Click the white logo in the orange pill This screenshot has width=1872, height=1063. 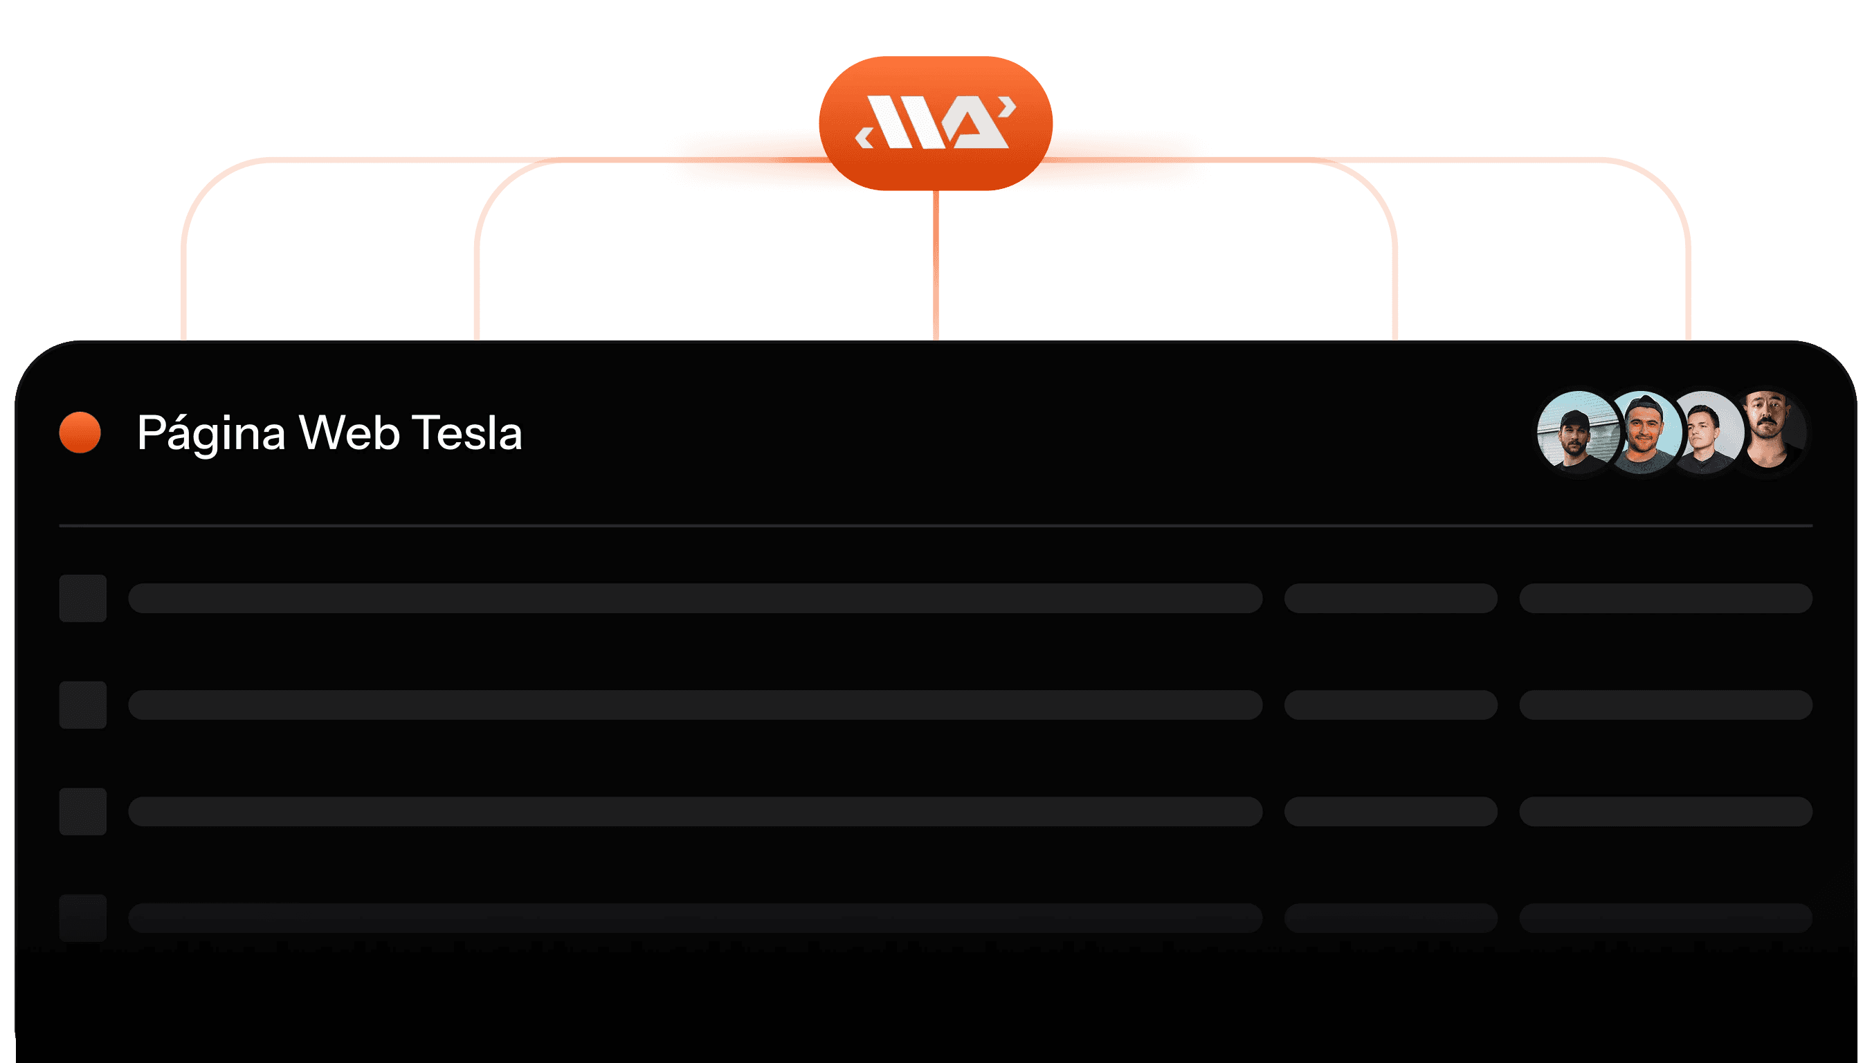[x=935, y=122]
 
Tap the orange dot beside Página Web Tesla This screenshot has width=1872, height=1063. [x=80, y=433]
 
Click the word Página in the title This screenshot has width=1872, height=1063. [x=211, y=433]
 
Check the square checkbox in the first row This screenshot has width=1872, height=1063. [x=82, y=598]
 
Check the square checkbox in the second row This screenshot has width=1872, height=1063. [x=82, y=705]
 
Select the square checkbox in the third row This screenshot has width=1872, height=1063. [x=82, y=811]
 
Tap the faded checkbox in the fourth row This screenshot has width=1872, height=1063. [x=82, y=917]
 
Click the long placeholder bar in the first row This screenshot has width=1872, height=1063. [x=695, y=598]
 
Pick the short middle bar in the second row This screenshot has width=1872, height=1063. [x=1390, y=705]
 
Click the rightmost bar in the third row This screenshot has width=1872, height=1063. [x=1665, y=811]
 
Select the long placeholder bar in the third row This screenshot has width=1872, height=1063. [x=695, y=811]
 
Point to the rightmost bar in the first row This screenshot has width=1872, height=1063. [x=1665, y=598]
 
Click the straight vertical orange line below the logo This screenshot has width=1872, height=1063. [x=935, y=266]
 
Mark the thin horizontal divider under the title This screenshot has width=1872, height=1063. [x=935, y=525]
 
